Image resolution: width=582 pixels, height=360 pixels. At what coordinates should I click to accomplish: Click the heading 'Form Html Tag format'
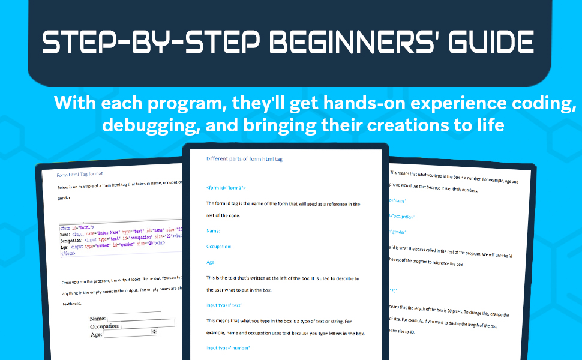tap(80, 175)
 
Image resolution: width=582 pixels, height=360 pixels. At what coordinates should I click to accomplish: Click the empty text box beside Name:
tap(134, 316)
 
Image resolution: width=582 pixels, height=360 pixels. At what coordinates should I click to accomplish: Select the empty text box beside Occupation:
tap(148, 324)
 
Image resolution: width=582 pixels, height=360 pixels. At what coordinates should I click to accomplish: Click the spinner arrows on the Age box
tap(155, 332)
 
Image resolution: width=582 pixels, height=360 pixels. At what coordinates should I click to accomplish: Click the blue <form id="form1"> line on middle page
tap(226, 188)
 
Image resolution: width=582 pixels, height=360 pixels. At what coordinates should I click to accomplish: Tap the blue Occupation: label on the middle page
tap(219, 247)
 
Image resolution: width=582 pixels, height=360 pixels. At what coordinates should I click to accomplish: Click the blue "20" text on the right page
tap(394, 290)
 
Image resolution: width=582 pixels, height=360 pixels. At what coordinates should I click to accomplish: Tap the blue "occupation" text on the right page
tap(403, 216)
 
